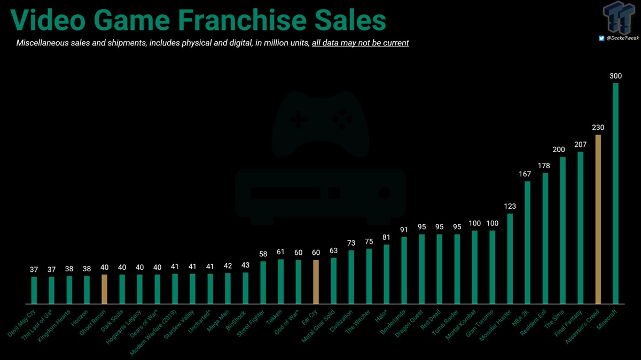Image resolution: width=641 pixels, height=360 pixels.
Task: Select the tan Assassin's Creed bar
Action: (598, 219)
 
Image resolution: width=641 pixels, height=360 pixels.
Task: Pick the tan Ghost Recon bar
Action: (105, 289)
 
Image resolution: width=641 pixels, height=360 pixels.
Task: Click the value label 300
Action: (615, 76)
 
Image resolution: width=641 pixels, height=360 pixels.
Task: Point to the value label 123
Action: (510, 206)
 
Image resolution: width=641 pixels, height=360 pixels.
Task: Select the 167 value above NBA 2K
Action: (527, 174)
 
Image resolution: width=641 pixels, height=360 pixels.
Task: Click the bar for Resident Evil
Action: (545, 238)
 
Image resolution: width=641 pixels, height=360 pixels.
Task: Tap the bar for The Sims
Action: (562, 230)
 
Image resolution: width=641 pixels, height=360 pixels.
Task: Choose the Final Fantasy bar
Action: (580, 228)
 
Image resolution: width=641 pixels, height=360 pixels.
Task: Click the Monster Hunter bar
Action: (510, 259)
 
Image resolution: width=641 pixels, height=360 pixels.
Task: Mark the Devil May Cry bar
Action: (34, 290)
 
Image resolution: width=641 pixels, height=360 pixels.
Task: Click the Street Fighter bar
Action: (263, 282)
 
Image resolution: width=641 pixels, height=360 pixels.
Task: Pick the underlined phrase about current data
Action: (361, 43)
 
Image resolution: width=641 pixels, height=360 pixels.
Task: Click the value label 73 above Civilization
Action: (351, 243)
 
